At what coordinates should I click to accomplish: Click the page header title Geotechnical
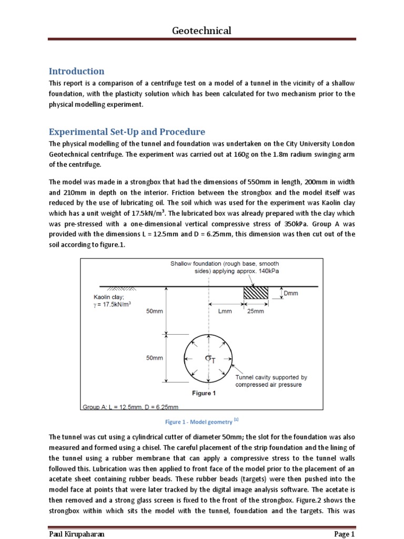(x=201, y=31)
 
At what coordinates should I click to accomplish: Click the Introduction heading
(x=76, y=71)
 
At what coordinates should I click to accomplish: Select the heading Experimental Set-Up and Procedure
(x=127, y=132)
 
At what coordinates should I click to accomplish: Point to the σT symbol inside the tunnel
(x=210, y=359)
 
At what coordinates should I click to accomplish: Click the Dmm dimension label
(x=290, y=293)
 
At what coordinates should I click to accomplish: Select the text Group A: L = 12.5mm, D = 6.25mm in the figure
(x=130, y=407)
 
